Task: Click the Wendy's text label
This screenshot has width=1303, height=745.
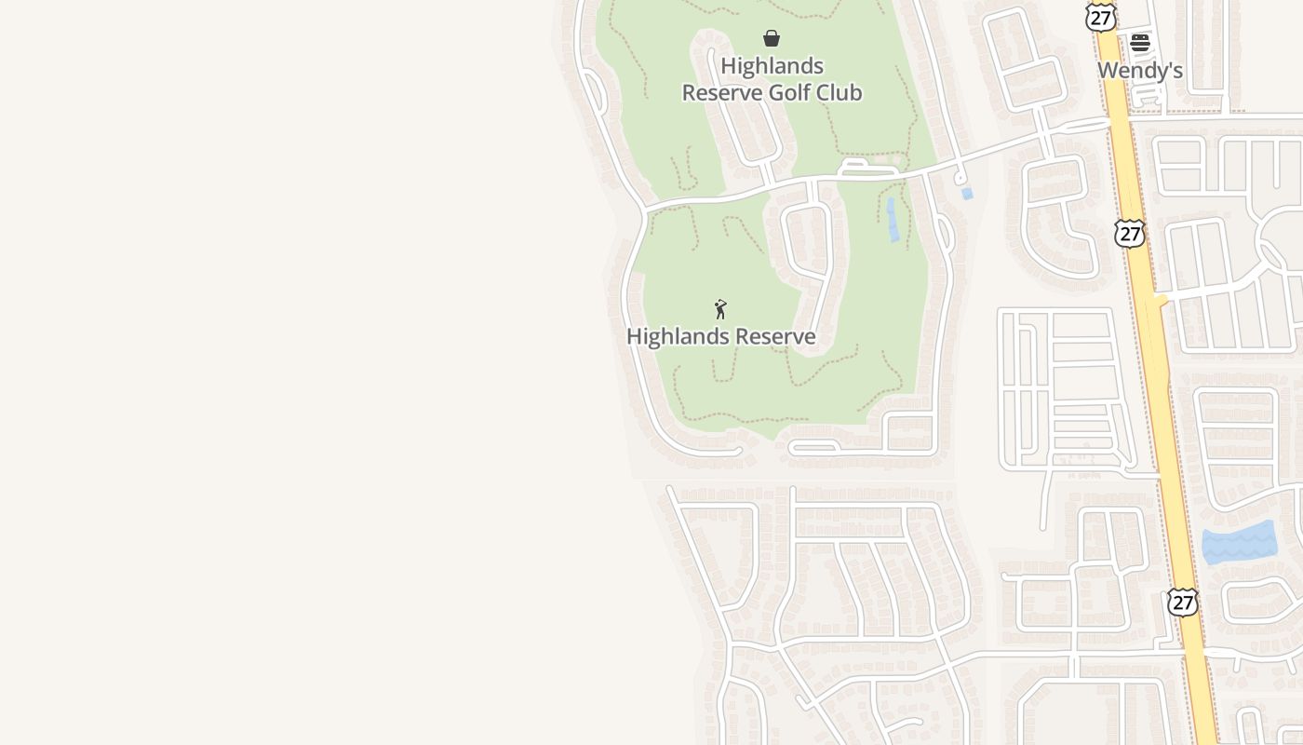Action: click(x=1139, y=71)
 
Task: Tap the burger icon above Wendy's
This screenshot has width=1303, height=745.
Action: click(x=1140, y=42)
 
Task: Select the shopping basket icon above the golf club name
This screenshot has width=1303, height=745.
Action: click(x=772, y=38)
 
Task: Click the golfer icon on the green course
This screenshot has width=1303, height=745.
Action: click(x=720, y=309)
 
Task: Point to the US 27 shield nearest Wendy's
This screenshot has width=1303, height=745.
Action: click(x=1100, y=16)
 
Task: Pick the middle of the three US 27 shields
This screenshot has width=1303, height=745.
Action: click(x=1130, y=233)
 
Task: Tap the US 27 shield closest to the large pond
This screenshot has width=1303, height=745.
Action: click(x=1182, y=602)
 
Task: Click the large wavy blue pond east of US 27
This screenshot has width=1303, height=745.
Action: click(x=1238, y=544)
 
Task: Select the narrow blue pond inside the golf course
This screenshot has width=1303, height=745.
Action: click(x=893, y=220)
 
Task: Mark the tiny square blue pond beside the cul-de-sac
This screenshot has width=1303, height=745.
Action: click(x=967, y=194)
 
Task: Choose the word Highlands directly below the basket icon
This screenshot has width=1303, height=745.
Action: click(x=772, y=66)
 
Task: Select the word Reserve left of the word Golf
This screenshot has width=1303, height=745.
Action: click(x=723, y=93)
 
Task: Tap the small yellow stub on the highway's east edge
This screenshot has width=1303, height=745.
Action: click(x=1162, y=301)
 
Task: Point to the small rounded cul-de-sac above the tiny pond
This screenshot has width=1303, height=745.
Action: click(x=960, y=177)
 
